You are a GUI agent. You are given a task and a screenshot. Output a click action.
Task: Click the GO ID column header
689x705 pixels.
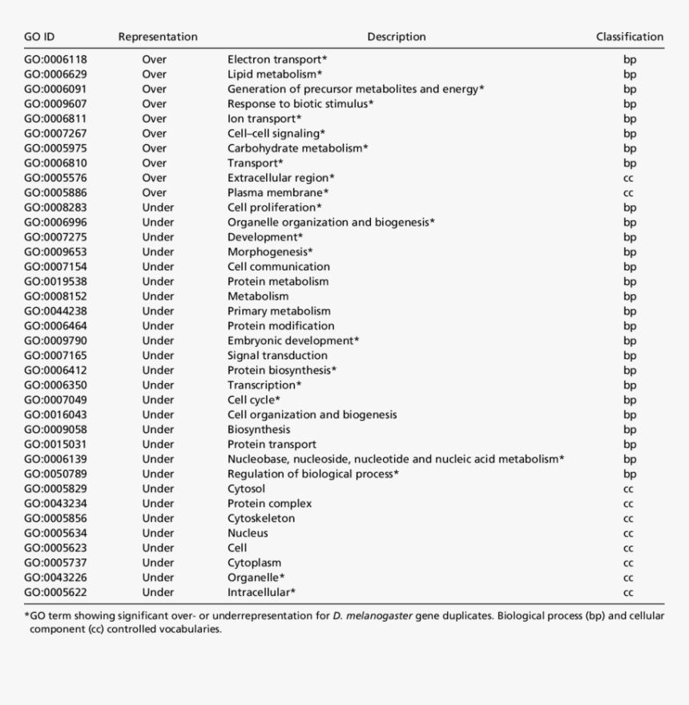[x=39, y=37]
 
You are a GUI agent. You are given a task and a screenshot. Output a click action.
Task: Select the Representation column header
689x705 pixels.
[x=158, y=37]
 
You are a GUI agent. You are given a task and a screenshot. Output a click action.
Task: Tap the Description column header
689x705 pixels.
[x=397, y=37]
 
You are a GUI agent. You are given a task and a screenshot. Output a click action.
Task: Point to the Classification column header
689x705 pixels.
[x=630, y=37]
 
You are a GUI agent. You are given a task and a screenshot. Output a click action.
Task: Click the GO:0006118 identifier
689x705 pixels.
[x=55, y=59]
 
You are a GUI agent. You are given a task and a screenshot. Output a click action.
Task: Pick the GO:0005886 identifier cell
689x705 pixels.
[x=55, y=193]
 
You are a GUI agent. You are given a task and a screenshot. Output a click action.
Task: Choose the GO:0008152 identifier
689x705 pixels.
[x=55, y=296]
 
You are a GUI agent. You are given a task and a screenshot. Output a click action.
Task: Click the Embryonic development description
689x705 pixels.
[x=293, y=340]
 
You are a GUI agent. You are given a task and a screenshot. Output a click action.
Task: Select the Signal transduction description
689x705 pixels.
[x=277, y=356]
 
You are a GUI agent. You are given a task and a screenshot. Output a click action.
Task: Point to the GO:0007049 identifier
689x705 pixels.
[x=55, y=400]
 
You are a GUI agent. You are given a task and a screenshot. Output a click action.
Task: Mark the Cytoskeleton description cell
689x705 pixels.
[x=261, y=518]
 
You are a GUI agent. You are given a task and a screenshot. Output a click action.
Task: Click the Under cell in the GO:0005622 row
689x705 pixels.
[x=158, y=592]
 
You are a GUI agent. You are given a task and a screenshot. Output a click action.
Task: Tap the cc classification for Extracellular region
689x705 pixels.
[x=629, y=178]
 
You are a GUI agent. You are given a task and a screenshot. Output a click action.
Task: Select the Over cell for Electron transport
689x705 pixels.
[x=155, y=59]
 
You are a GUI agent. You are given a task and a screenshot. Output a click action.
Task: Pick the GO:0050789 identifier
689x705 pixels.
[x=55, y=474]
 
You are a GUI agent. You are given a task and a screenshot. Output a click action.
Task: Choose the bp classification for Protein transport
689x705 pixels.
[x=630, y=445]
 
